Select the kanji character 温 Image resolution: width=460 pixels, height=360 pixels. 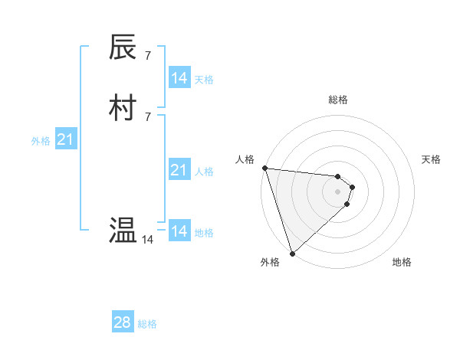tap(123, 230)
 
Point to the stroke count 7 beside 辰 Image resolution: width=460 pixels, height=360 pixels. tap(148, 56)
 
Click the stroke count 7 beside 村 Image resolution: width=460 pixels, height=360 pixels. tap(148, 116)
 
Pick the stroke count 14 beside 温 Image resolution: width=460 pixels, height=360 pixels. tap(147, 240)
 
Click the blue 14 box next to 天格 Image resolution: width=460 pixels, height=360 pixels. tap(179, 78)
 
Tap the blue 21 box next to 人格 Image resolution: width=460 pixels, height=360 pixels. tap(179, 170)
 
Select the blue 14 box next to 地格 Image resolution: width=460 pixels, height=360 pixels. tap(179, 231)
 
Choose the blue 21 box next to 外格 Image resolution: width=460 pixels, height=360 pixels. tap(65, 139)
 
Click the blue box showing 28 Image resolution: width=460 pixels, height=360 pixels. tap(123, 322)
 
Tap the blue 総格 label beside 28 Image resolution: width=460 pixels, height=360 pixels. tap(147, 324)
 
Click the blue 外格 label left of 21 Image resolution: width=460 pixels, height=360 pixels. tap(41, 141)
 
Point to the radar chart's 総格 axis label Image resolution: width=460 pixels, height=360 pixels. tap(337, 100)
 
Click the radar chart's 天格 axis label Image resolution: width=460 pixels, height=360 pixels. tap(431, 159)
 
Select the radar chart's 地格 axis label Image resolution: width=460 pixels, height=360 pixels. tap(402, 262)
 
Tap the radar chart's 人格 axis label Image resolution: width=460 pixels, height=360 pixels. tap(245, 159)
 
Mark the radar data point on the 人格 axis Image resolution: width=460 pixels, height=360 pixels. tap(264, 168)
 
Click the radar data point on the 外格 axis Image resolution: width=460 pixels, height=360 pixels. tap(292, 253)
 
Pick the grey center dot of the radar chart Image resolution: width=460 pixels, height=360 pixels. tap(337, 191)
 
